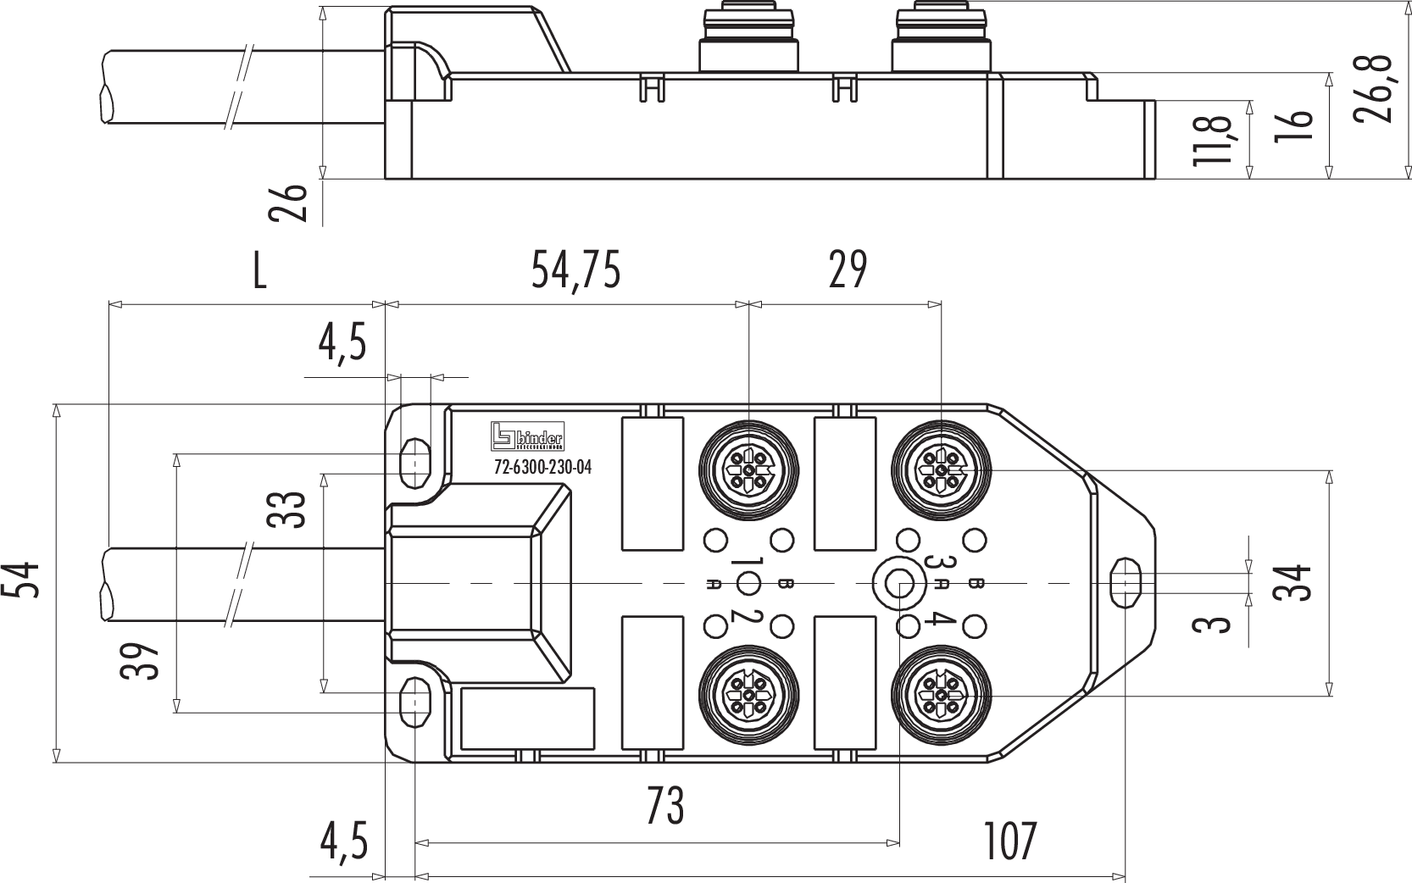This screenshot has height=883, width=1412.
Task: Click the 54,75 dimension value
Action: pos(575,271)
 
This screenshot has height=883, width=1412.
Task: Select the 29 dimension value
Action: pos(847,271)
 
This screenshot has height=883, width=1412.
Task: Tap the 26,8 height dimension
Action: pos(1373,90)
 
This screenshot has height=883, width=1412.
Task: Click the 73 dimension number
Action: pos(664,806)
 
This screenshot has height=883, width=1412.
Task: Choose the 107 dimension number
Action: pos(1010,841)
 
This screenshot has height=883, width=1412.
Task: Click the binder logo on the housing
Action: pos(526,436)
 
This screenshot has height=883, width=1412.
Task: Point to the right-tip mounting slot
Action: pos(1125,582)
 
